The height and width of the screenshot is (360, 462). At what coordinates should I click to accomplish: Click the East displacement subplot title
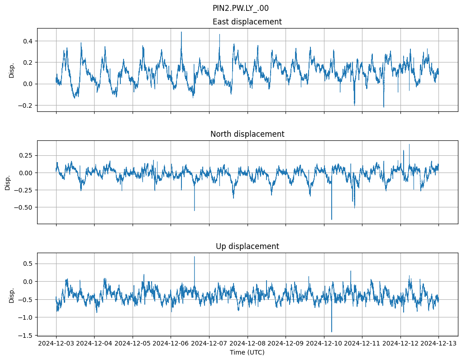247,22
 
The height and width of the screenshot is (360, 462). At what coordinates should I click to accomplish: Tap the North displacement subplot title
247,134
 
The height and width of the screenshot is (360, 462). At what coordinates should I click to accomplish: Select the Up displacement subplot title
247,246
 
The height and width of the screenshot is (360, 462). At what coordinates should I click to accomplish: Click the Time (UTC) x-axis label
247,352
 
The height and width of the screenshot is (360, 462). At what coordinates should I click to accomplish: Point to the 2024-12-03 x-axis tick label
56,344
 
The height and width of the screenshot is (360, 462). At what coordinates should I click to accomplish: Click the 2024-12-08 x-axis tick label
248,344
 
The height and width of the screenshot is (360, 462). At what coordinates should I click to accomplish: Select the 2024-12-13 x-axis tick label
438,344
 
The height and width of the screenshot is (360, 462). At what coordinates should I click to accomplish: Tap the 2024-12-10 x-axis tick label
324,344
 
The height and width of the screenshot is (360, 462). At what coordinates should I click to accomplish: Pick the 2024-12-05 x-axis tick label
133,344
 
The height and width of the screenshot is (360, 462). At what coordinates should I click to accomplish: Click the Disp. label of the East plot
12,70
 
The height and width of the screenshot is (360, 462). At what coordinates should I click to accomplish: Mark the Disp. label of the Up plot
12,295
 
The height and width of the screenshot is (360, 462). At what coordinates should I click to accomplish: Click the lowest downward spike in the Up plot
332,331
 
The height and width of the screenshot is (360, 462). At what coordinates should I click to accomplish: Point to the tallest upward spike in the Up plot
195,257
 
